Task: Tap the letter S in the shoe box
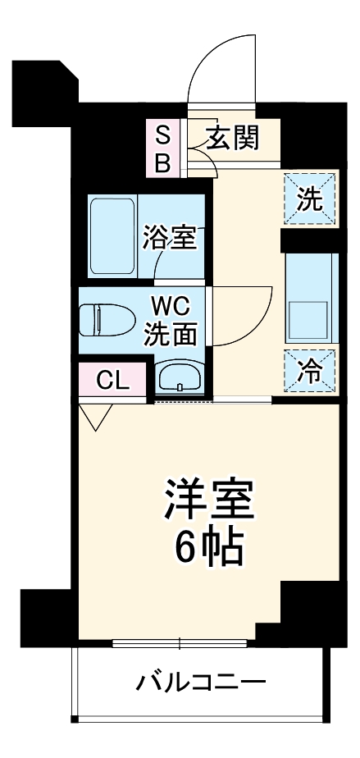162,134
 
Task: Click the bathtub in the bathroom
112,236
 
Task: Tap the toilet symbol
106,319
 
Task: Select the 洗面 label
170,334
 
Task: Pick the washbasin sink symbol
180,377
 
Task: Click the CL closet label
112,380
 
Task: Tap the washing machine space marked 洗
310,199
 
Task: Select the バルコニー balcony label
200,682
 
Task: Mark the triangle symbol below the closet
97,417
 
